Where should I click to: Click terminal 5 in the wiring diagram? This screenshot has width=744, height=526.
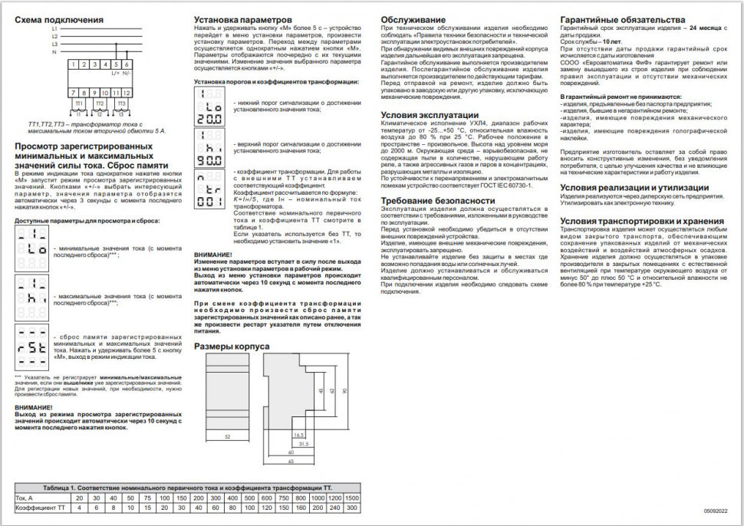[x=116, y=64]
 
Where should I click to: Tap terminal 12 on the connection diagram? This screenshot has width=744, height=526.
[x=126, y=93]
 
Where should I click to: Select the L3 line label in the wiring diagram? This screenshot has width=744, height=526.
[x=54, y=44]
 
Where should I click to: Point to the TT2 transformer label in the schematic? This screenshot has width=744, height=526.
[x=99, y=101]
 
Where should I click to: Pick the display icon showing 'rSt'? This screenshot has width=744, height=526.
[x=32, y=343]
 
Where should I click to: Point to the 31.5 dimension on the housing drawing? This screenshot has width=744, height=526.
[x=303, y=443]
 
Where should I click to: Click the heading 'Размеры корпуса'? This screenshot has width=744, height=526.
[x=231, y=347]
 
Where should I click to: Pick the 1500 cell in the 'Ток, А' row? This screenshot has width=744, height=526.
[x=351, y=498]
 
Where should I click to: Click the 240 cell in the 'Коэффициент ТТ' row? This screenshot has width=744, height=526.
[x=334, y=508]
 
